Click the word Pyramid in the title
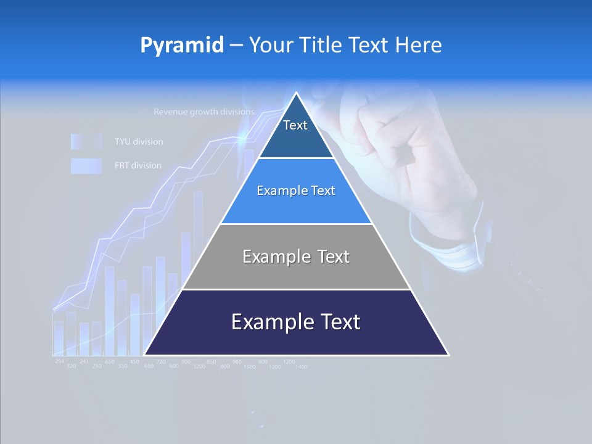pos(182,45)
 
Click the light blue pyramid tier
pos(296,191)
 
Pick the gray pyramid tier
pos(296,257)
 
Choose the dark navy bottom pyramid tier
pos(296,322)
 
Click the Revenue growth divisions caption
pos(204,112)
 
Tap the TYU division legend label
pos(139,142)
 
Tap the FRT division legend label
pos(138,165)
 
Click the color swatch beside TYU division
pos(86,142)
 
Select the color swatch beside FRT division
pos(86,165)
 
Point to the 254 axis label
pos(59,361)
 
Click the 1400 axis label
pos(301,367)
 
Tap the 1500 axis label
pos(249,367)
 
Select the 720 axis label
pos(161,361)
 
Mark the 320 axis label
pos(72,366)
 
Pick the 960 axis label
pos(237,361)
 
